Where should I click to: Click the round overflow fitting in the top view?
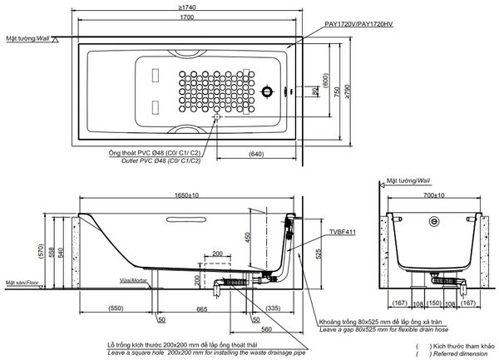(268, 92)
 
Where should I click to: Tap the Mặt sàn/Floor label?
(22, 283)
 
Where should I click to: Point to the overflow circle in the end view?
(433, 222)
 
